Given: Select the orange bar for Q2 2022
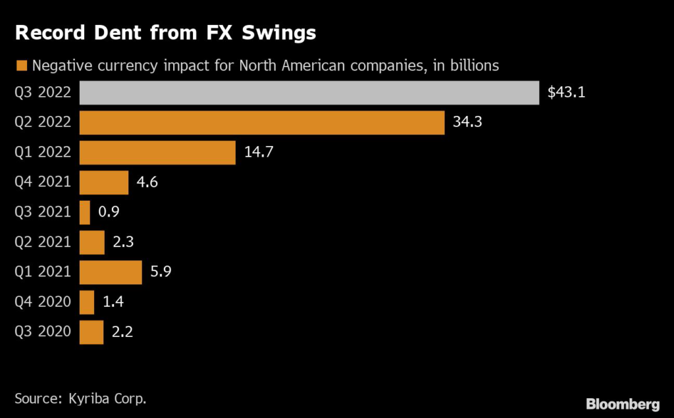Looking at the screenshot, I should pyautogui.click(x=262, y=122).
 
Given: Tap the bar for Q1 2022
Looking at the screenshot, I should pyautogui.click(x=157, y=153).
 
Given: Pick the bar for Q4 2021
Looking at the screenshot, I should pyautogui.click(x=104, y=182).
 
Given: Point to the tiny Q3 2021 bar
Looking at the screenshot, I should pyautogui.click(x=85, y=213).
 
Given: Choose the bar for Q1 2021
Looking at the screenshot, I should pyautogui.click(x=111, y=273).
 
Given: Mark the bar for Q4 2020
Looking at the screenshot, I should pyautogui.click(x=87, y=302).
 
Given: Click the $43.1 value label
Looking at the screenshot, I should pyautogui.click(x=566, y=93).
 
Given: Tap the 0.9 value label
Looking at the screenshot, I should pyautogui.click(x=109, y=213).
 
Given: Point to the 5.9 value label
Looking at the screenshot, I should pyautogui.click(x=161, y=273).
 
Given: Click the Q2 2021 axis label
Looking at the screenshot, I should pyautogui.click(x=42, y=242).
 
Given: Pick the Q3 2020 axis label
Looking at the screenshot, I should pyautogui.click(x=42, y=332).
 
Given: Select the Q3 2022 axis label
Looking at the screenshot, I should pyautogui.click(x=42, y=93).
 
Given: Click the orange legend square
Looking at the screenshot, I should pyautogui.click(x=20, y=65).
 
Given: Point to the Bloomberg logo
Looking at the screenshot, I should pyautogui.click(x=622, y=403).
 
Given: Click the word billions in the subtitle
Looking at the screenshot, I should pyautogui.click(x=472, y=65).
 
